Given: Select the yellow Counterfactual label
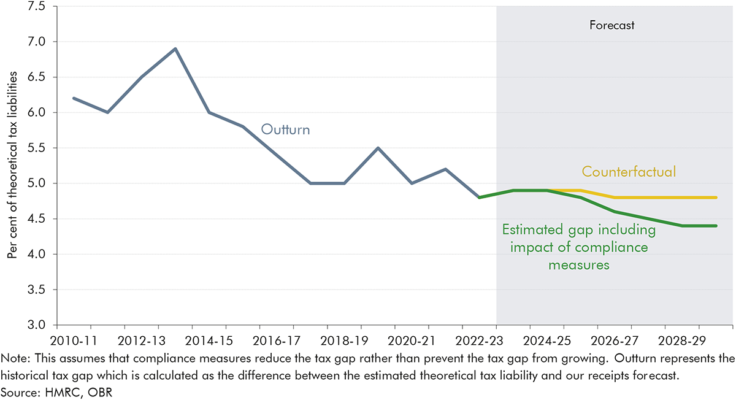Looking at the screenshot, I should coord(629,172).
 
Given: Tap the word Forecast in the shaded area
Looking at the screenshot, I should coord(611,26).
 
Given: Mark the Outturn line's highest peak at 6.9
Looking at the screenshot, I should coord(175,48).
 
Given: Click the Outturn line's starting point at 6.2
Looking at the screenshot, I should coord(74,98).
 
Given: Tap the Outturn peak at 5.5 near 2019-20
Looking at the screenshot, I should coord(378,148).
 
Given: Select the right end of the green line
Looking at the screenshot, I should coord(715,226).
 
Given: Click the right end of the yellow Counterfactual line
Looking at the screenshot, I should coord(715,198).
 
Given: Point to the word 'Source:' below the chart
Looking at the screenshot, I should coord(18,390).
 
